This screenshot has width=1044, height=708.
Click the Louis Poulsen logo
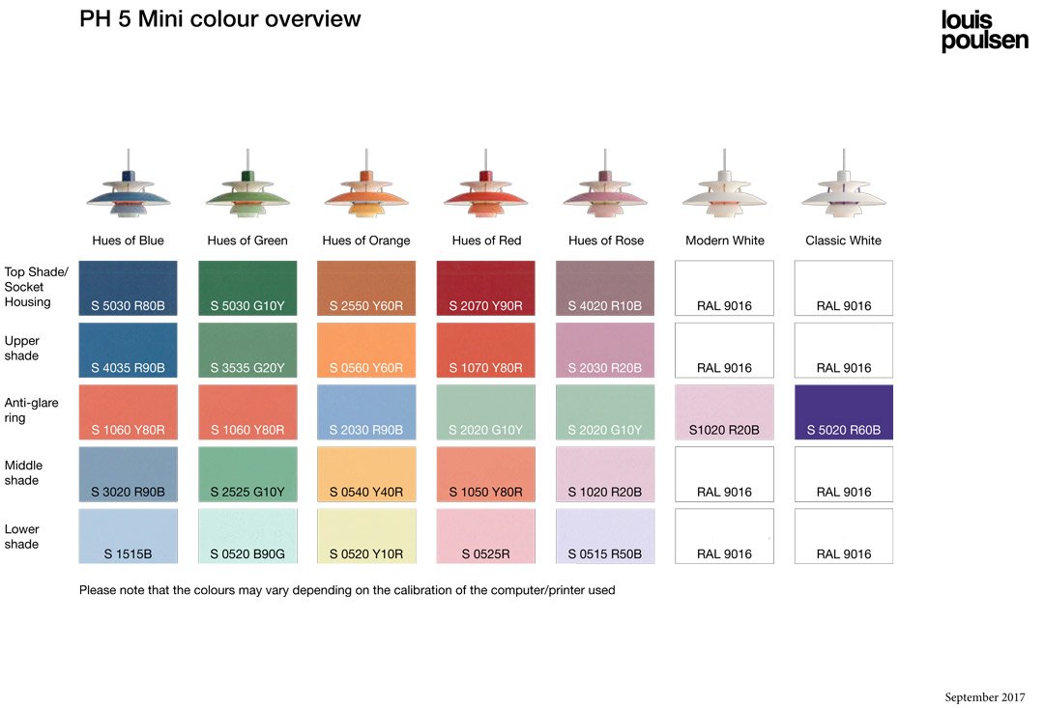984,31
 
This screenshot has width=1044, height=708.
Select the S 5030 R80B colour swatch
128,288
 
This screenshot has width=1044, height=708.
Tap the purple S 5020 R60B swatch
843,411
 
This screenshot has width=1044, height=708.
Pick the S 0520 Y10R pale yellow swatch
366,536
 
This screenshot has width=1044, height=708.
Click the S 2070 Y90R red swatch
485,288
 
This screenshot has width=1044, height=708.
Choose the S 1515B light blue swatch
128,536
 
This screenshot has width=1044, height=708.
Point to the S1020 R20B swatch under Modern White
724,411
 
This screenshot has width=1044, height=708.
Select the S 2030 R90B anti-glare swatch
366,411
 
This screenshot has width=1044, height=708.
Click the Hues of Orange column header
366,241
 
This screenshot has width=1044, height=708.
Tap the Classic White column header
843,241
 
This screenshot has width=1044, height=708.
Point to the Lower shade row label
22,536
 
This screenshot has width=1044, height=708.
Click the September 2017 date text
984,697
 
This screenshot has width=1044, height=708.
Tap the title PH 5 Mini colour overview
220,18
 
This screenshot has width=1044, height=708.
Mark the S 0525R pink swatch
485,536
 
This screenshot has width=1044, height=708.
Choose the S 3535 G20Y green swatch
247,350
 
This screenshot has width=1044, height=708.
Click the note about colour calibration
347,590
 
